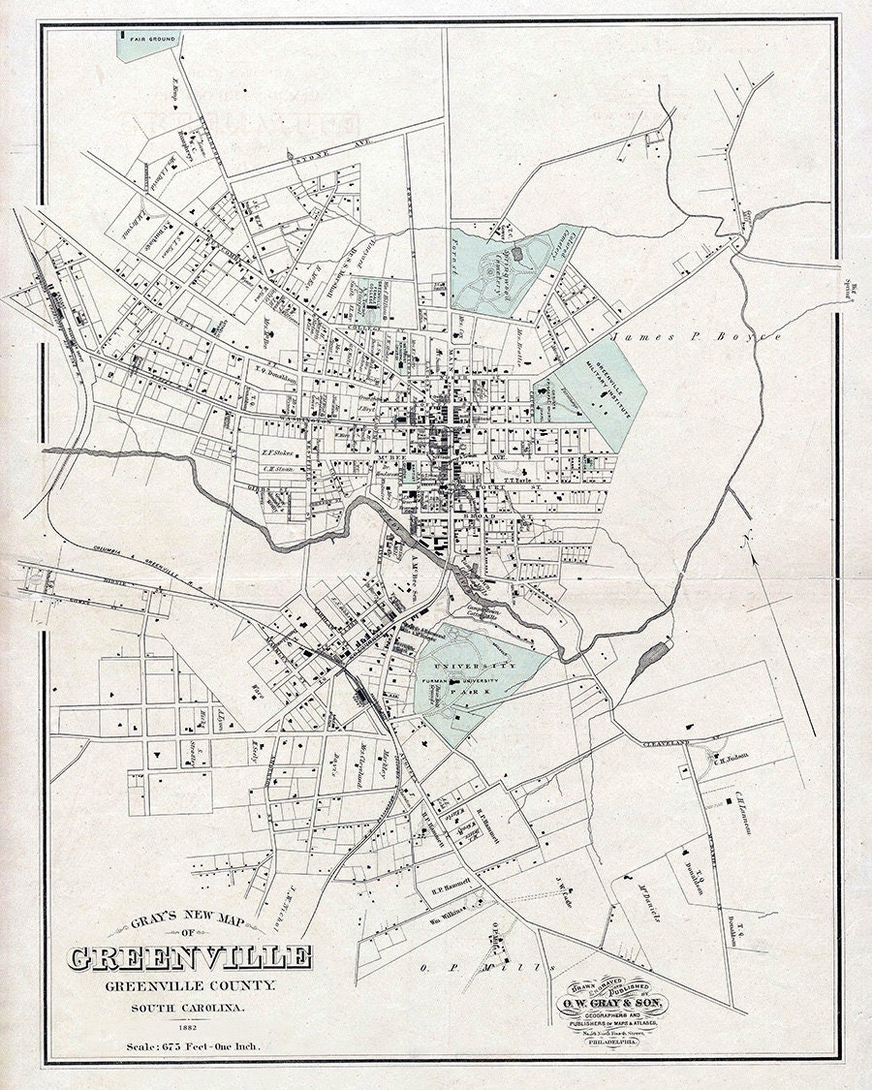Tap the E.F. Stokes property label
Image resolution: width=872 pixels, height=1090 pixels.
tap(276, 451)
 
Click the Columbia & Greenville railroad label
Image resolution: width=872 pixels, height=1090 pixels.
tap(126, 572)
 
